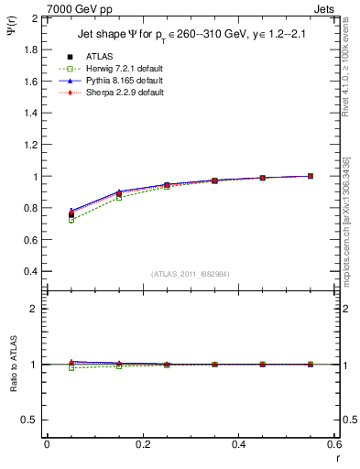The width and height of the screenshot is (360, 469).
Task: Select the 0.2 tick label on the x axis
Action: click(x=142, y=445)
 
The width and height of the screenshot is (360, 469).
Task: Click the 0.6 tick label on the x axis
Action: click(x=334, y=445)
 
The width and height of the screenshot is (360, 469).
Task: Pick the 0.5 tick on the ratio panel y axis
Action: click(x=31, y=420)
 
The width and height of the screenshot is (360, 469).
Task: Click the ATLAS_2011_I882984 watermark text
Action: click(x=190, y=274)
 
